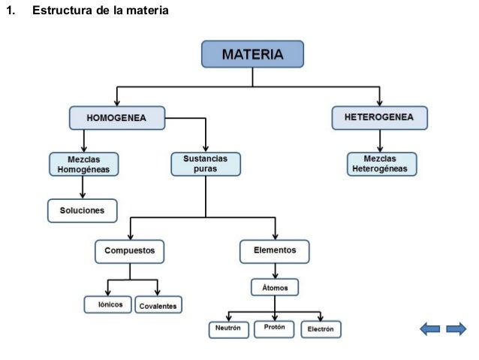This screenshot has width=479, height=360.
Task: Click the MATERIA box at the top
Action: point(252,54)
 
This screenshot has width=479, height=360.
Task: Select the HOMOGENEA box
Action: point(116,118)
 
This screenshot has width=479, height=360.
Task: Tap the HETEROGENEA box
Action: point(380,117)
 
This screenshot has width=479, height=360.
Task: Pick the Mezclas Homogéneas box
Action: point(83,165)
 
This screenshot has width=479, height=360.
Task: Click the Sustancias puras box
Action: point(206,165)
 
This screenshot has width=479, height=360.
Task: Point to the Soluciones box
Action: point(83,210)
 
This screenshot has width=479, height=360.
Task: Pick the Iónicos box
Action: point(108,304)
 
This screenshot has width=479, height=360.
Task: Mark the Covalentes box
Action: point(158,306)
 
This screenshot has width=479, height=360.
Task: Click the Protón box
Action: point(274,328)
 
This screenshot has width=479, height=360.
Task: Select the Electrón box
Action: point(321,328)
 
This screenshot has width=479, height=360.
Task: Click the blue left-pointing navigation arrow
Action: point(430,328)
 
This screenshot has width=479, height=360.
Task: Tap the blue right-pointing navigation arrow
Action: point(456,328)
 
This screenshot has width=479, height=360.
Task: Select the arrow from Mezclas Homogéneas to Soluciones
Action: point(83,188)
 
